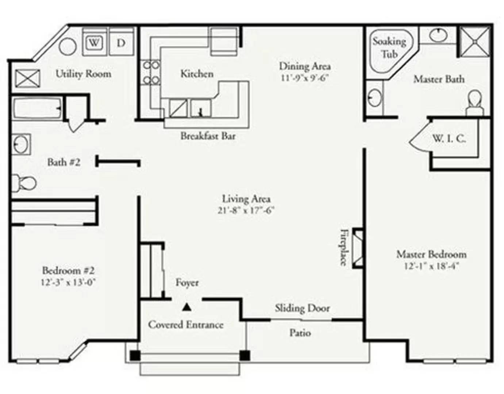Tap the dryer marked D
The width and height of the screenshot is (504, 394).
coord(122,42)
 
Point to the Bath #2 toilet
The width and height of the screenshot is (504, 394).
coord(23,184)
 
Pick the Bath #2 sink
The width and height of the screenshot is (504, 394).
coord(21,144)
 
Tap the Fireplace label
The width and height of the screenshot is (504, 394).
coord(344,247)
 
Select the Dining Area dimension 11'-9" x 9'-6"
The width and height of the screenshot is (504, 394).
coord(305,78)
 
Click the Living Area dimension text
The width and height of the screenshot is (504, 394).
coord(246,210)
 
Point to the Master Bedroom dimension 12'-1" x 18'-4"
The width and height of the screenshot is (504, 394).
coord(431,266)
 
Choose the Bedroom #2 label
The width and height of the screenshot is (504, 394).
coord(68,270)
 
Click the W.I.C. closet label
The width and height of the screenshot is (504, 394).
coord(449,139)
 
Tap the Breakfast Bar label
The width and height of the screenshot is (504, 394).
coord(208,136)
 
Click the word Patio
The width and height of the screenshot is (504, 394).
coord(300,333)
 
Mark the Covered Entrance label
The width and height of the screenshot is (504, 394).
coord(186,325)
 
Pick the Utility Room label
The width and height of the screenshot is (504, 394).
coord(84,74)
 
